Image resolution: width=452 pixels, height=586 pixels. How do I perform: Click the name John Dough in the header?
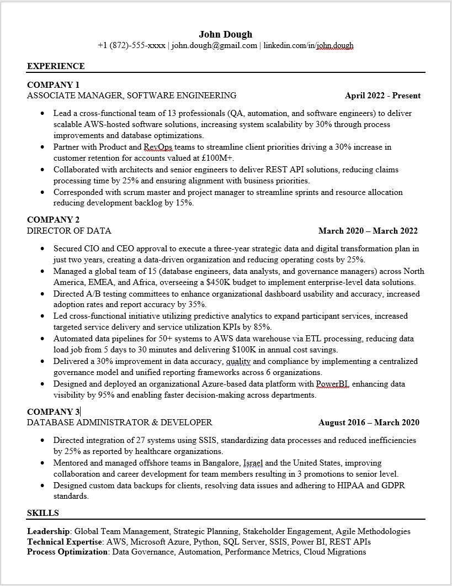[x=226, y=34]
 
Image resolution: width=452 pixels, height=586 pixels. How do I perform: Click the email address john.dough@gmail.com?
[x=214, y=46]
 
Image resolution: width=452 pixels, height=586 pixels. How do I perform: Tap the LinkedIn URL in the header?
[x=308, y=46]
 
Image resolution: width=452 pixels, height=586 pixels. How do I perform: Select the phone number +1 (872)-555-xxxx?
[x=131, y=46]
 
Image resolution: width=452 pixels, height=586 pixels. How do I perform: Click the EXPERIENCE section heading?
[x=56, y=66]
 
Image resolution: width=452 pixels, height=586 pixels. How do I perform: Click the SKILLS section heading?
[x=43, y=513]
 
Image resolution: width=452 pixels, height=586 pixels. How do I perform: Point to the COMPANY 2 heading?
[x=54, y=220]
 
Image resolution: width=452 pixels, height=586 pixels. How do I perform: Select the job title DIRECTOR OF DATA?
[x=69, y=231]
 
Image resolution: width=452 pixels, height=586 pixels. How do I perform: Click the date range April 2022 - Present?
[x=382, y=96]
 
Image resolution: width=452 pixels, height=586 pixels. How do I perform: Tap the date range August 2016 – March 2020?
[x=369, y=423]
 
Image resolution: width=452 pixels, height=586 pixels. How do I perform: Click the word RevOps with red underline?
[x=158, y=147]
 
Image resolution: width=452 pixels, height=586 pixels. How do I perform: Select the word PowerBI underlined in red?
[x=332, y=384]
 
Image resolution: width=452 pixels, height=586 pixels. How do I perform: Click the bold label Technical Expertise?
[x=65, y=542]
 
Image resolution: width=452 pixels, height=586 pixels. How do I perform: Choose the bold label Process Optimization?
[x=67, y=552]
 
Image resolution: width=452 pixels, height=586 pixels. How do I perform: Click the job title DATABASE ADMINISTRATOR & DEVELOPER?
[x=119, y=423]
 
